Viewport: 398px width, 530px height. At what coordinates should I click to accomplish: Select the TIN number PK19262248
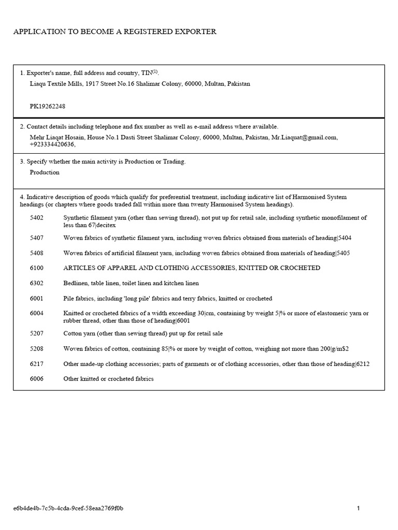48,107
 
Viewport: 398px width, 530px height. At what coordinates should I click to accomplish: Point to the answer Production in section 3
45,172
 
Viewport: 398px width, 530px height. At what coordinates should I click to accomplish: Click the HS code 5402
37,218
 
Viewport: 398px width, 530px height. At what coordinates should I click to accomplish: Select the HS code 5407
37,238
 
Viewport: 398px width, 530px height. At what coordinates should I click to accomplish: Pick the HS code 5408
37,253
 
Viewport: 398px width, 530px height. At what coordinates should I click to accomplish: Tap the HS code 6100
37,268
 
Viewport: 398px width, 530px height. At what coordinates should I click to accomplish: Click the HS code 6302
37,284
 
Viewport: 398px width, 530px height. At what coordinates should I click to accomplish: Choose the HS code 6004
37,314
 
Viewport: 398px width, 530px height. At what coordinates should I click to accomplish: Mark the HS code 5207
37,334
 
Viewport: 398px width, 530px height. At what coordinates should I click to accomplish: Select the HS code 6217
37,364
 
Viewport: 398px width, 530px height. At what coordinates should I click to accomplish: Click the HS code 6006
37,379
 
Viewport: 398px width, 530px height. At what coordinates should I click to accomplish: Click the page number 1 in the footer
358,508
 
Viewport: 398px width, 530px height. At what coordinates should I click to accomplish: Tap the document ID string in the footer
68,508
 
